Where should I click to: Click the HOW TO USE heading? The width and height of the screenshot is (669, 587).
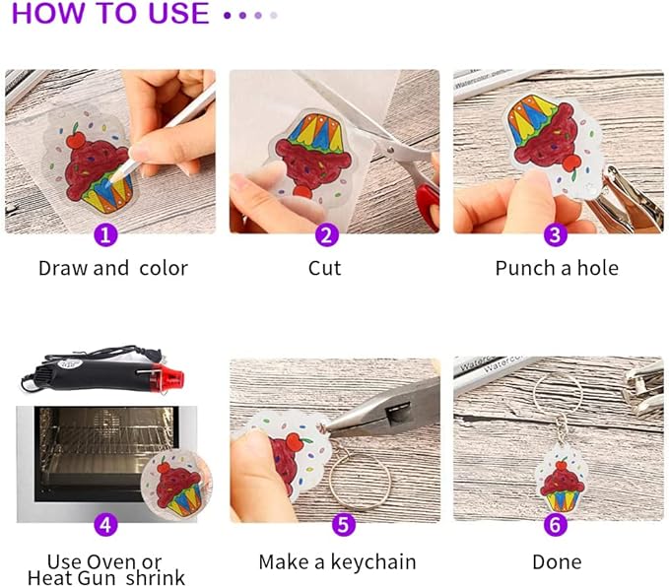point(110,15)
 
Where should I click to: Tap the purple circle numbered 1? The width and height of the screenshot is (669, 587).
point(107,235)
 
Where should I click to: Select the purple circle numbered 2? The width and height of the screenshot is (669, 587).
point(326,235)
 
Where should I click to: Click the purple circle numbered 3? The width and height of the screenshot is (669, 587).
point(556,235)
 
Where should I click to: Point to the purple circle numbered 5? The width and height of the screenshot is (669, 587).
point(343,524)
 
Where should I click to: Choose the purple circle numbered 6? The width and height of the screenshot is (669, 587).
point(556,524)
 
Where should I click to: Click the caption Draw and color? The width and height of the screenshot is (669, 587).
point(112,268)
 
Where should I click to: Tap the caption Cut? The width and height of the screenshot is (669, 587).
point(325,268)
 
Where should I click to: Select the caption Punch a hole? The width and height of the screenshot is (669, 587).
point(557,268)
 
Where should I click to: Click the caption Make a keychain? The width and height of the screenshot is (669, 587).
point(337,562)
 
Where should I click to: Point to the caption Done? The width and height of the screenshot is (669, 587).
point(557,562)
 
